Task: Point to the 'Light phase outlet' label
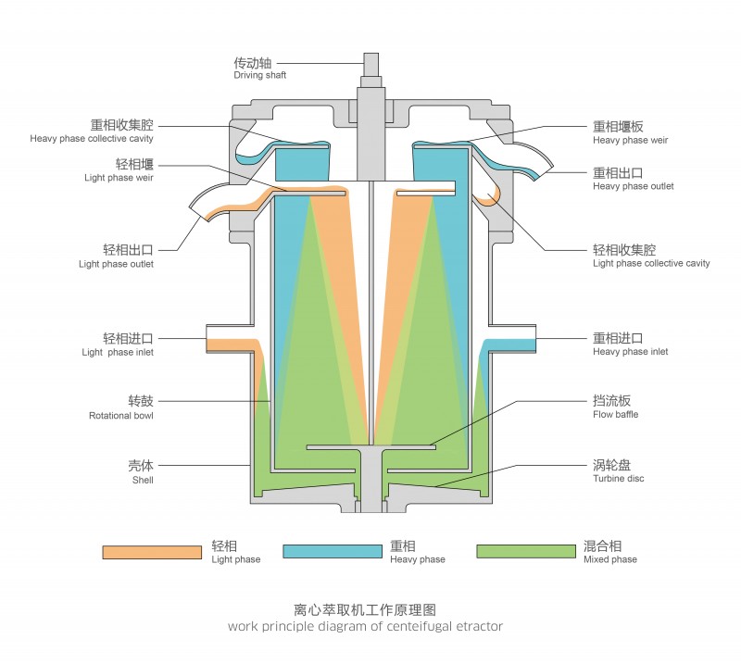click(x=116, y=264)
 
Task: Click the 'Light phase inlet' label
click(x=118, y=352)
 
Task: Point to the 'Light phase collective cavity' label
click(x=651, y=263)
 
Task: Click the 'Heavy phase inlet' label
click(x=630, y=352)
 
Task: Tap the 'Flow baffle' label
click(x=615, y=414)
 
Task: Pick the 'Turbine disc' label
click(x=618, y=478)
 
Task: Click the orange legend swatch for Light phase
click(x=152, y=552)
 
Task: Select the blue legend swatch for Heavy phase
click(x=333, y=552)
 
